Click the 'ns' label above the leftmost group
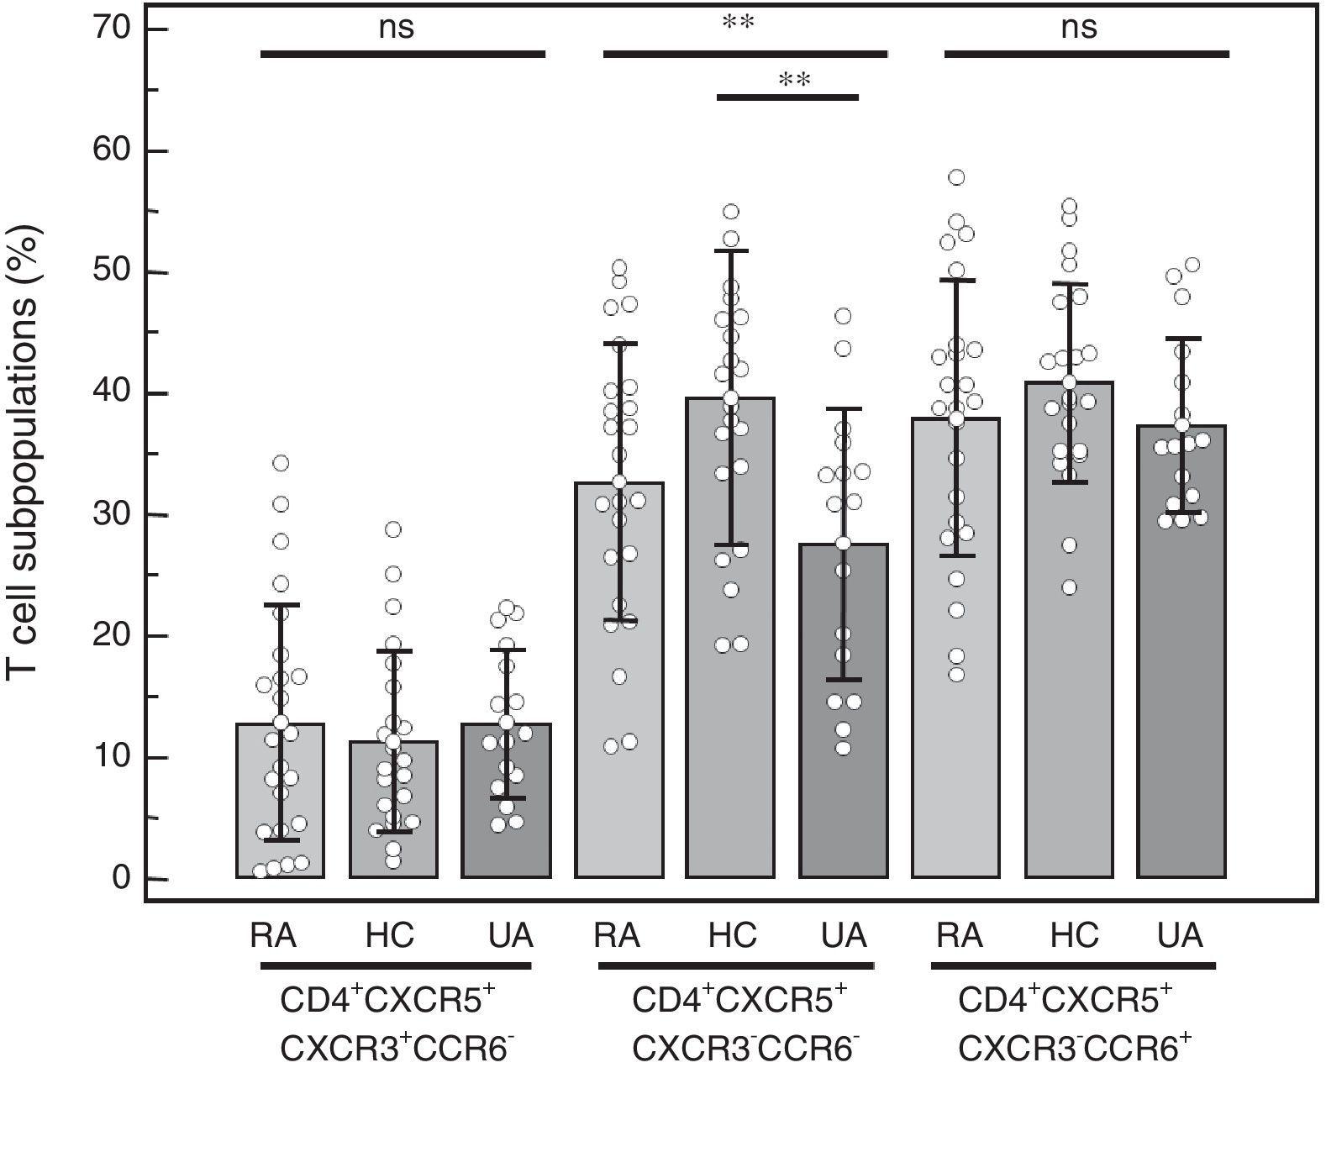coord(397,29)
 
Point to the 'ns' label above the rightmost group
coord(1080,29)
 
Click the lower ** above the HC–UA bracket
coord(794,81)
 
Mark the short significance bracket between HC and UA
coord(787,97)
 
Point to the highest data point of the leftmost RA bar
coord(281,463)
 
